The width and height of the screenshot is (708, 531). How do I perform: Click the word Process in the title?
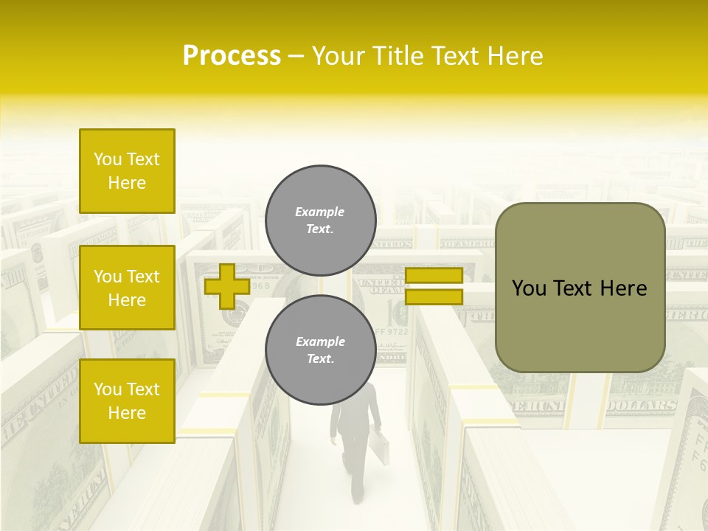pyautogui.click(x=232, y=56)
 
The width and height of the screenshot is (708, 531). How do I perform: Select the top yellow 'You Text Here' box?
pyautogui.click(x=127, y=171)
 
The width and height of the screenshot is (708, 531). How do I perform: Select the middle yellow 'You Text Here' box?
pyautogui.click(x=127, y=288)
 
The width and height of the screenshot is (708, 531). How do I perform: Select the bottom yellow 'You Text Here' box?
pyautogui.click(x=127, y=401)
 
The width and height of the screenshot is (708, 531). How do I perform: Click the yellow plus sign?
pyautogui.click(x=226, y=286)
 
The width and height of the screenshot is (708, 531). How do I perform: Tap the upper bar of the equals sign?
pyautogui.click(x=434, y=276)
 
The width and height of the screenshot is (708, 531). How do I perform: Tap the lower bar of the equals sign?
pyautogui.click(x=434, y=297)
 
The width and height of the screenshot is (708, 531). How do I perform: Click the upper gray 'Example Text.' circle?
pyautogui.click(x=320, y=221)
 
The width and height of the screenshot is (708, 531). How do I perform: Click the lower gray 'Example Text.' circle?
pyautogui.click(x=320, y=350)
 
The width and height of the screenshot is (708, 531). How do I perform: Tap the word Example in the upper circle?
pyautogui.click(x=319, y=212)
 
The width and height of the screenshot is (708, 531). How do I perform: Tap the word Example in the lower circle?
pyautogui.click(x=319, y=341)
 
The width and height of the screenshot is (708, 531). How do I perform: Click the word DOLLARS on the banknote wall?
pyautogui.click(x=642, y=406)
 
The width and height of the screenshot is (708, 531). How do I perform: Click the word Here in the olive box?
pyautogui.click(x=625, y=288)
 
